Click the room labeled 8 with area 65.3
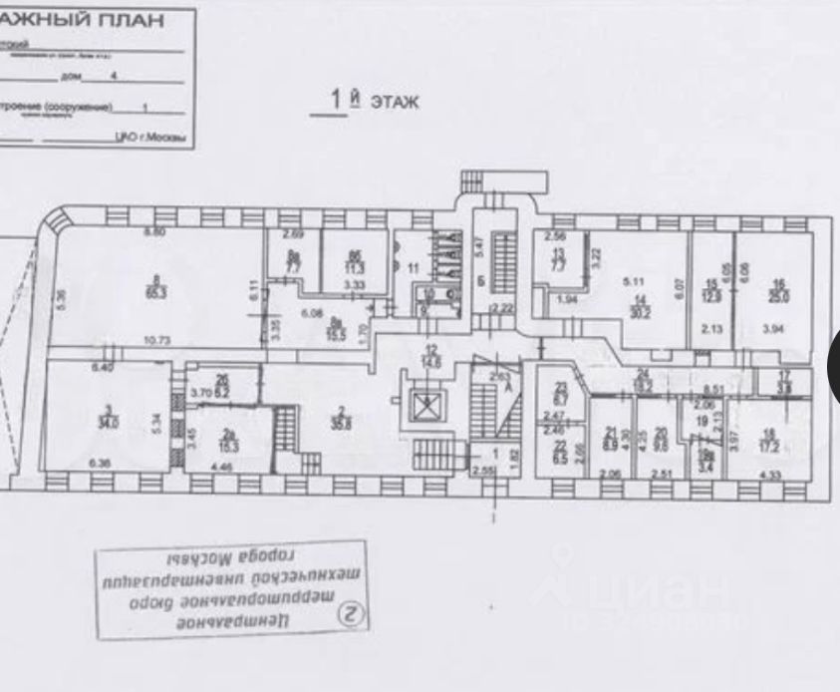[154, 287]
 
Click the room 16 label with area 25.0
[775, 294]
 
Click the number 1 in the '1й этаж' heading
[338, 100]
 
